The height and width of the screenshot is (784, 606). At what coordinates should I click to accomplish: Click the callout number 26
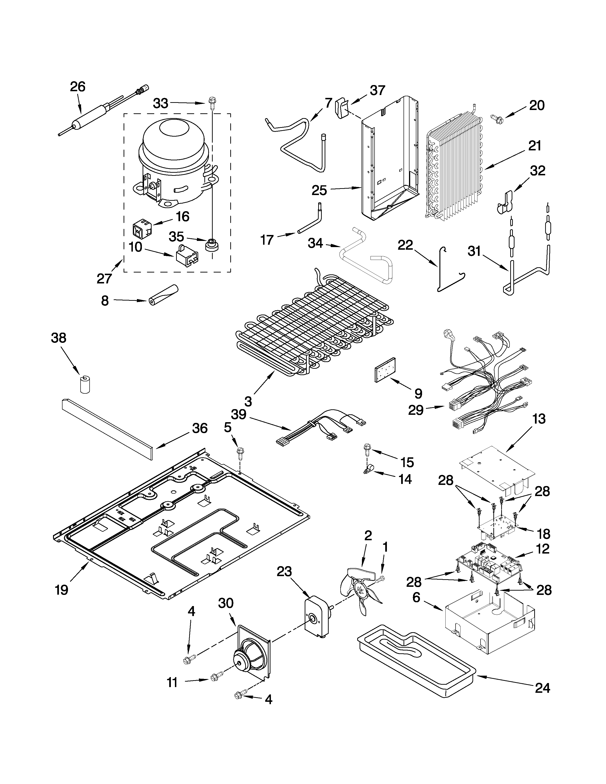pyautogui.click(x=77, y=87)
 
